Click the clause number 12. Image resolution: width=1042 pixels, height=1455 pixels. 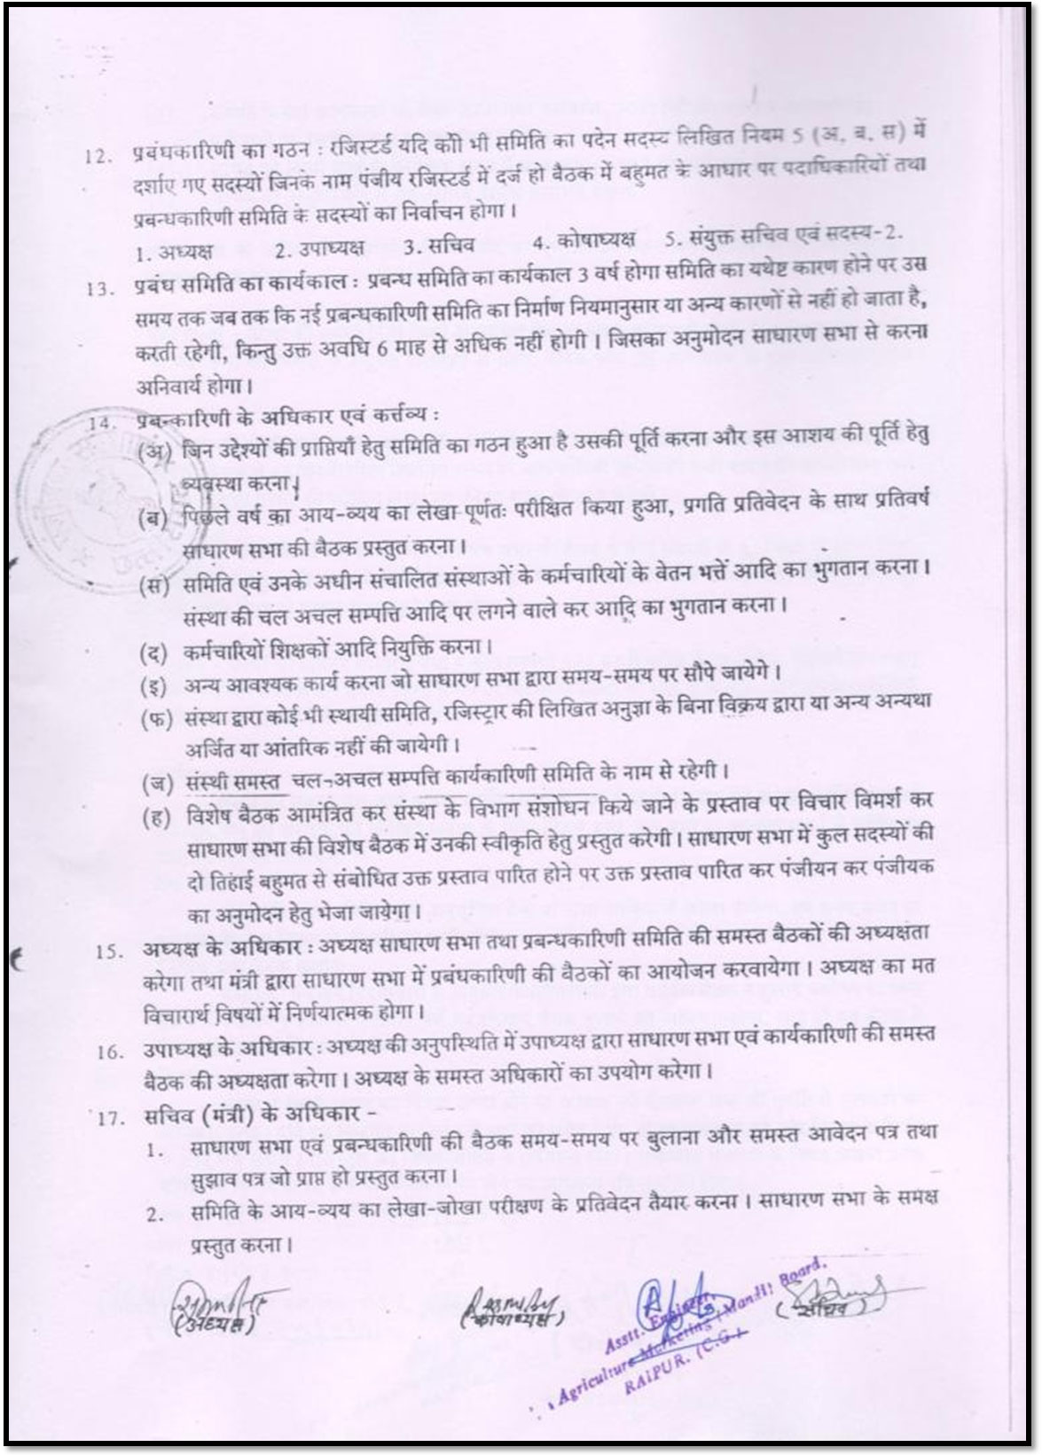pos(96,158)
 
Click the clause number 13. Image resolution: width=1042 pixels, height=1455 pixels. pos(99,289)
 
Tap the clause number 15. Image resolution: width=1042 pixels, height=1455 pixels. pos(109,951)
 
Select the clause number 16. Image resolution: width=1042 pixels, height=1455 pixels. pos(110,1052)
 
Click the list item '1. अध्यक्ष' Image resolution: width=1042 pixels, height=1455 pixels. pos(174,252)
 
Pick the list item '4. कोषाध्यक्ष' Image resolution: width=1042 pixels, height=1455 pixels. pos(584,240)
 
